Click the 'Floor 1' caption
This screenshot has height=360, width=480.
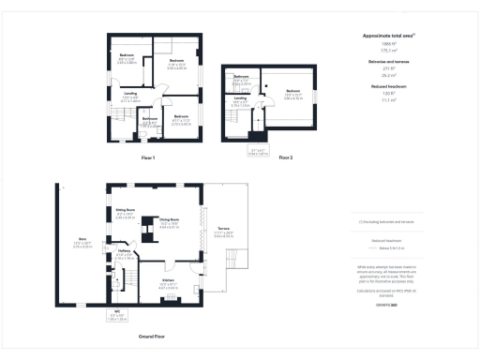[147, 157]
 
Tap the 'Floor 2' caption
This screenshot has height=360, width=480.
[286, 157]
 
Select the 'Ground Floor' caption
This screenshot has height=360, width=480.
[152, 335]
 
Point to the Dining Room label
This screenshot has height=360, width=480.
[170, 222]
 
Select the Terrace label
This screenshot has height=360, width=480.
[223, 229]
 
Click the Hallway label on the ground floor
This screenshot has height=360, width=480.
[123, 251]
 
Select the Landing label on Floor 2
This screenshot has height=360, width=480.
[240, 98]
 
